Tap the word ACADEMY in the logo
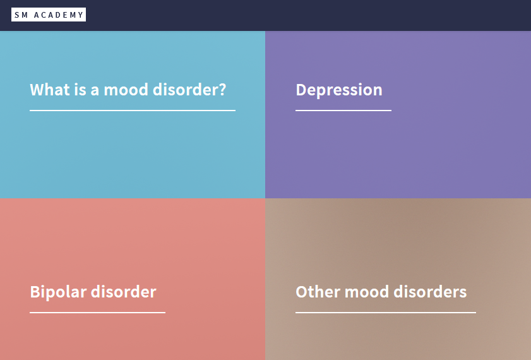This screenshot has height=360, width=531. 59,15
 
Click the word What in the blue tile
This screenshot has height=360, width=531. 49,90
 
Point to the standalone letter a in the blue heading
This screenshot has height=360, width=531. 95,91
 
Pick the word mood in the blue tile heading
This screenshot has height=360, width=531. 126,90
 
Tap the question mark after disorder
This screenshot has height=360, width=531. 222,90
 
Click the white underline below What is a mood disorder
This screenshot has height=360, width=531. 133,111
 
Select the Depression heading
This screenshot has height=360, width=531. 339,90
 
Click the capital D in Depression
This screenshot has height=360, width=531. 302,90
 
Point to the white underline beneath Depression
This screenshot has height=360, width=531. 343,111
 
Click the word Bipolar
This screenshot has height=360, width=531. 58,292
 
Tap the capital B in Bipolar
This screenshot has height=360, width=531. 35,292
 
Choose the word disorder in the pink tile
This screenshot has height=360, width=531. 124,292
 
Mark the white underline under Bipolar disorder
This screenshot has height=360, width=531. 97,313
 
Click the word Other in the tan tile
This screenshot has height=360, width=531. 318,292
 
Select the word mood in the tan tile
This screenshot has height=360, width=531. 367,292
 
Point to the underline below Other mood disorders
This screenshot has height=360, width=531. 386,313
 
